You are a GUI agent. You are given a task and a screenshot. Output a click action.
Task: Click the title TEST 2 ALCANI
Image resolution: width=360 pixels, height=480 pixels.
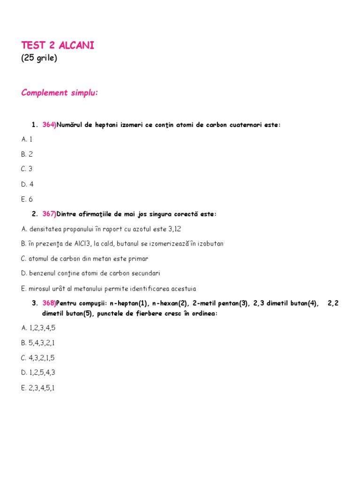click(x=58, y=45)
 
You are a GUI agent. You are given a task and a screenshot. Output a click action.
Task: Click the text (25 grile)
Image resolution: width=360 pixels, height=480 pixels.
click(x=39, y=59)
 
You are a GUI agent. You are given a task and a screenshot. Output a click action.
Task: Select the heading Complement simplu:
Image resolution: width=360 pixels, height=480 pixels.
click(x=60, y=93)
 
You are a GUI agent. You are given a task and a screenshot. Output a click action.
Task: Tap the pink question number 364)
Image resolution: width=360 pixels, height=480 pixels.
click(x=49, y=125)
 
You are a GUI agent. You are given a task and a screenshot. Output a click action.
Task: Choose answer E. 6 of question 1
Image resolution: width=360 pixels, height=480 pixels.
click(x=27, y=199)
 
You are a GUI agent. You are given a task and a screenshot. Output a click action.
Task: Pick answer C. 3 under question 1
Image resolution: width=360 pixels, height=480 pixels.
click(x=27, y=169)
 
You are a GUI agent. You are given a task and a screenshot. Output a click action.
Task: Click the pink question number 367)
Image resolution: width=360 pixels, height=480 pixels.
click(x=49, y=214)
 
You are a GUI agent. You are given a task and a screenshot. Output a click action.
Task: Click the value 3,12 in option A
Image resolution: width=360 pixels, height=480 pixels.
click(x=174, y=229)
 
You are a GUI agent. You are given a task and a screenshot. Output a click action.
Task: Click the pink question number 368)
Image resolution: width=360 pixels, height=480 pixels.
click(x=49, y=303)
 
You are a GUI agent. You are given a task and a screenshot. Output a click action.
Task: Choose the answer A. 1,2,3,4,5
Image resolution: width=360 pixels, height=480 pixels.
click(x=38, y=328)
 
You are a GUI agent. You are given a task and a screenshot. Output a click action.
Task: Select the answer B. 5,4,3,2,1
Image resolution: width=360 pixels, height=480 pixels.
click(x=38, y=343)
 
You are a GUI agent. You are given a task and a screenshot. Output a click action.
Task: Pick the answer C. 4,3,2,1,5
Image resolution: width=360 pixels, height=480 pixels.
click(x=38, y=358)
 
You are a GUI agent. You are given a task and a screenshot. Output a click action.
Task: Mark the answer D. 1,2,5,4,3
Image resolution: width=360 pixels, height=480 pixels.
click(x=38, y=373)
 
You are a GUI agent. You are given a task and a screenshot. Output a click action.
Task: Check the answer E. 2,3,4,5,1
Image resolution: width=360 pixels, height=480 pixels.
click(x=38, y=388)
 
